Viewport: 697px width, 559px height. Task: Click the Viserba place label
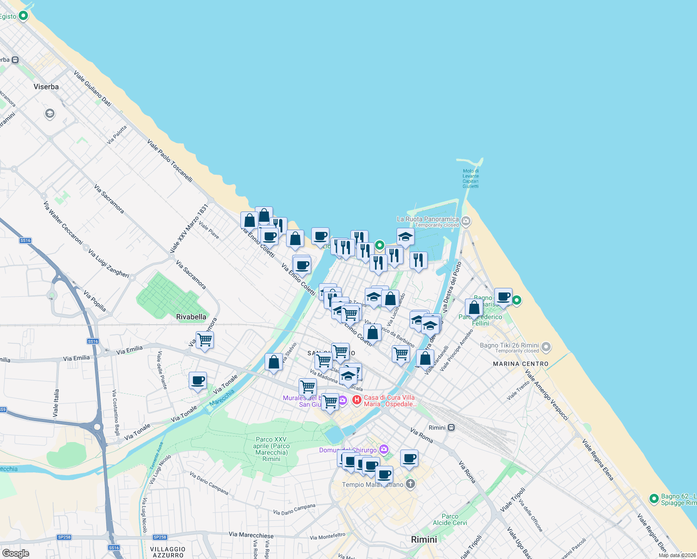[46, 87]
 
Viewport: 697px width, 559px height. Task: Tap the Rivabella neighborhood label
[191, 317]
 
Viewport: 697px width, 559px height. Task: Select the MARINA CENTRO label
[521, 364]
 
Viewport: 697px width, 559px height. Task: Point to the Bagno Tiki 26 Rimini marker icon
[546, 347]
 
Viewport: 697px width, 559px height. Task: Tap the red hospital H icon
[356, 400]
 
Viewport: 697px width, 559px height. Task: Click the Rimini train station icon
[451, 428]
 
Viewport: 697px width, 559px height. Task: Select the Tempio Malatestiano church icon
[410, 484]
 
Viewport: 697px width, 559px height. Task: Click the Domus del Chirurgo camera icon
[383, 450]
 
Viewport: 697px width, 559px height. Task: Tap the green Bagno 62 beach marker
[654, 499]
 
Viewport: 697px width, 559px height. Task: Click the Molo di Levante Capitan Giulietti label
[471, 178]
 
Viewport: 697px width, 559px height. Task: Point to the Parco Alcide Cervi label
[450, 519]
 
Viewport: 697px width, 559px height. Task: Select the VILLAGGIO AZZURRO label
[168, 552]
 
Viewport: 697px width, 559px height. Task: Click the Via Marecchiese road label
[251, 535]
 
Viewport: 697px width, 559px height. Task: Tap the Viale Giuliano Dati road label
[93, 89]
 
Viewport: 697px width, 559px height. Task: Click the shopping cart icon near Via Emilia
[205, 340]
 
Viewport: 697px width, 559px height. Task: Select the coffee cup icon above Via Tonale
[198, 380]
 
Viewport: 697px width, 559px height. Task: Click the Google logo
[15, 553]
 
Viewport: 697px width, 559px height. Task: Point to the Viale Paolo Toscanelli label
[170, 160]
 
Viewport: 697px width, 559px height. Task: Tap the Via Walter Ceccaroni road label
[63, 223]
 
